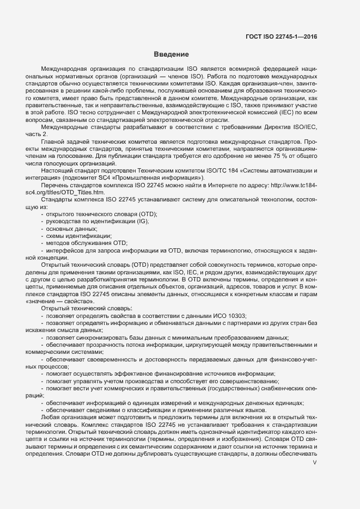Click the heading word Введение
[x=171, y=54]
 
